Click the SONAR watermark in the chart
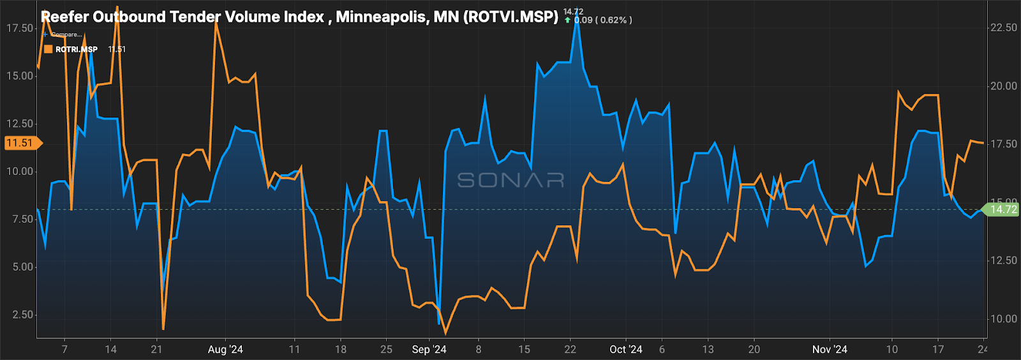(511, 181)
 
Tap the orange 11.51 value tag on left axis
(20, 143)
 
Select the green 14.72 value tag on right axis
(1003, 209)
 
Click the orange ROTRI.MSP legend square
(48, 49)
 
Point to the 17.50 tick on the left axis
(19, 28)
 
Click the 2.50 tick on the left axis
(22, 315)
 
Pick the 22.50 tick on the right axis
(1003, 27)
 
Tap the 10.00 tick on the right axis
(1003, 319)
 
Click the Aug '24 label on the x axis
(225, 349)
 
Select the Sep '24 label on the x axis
(429, 349)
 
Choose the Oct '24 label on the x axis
(625, 349)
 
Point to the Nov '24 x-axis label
(830, 349)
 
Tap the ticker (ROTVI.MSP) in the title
(511, 17)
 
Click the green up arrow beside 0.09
(567, 20)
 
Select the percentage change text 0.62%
(614, 20)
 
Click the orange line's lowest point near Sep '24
(445, 333)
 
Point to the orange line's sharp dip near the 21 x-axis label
(163, 329)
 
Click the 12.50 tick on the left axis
(19, 124)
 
